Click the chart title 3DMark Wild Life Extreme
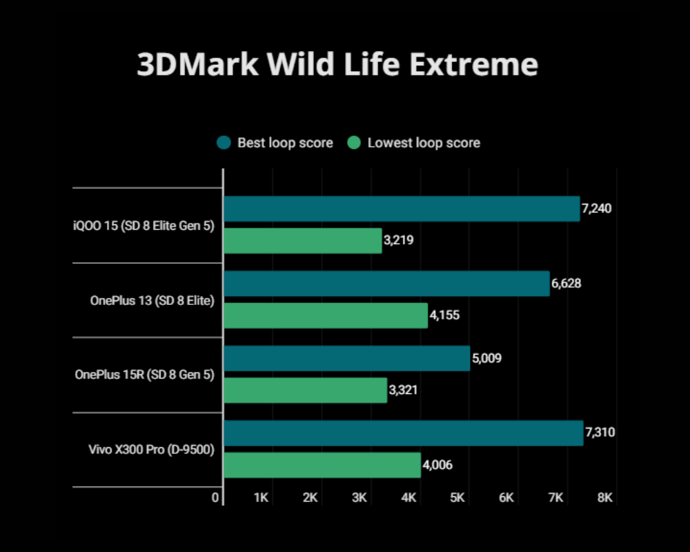click(x=337, y=65)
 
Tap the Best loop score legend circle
click(x=224, y=143)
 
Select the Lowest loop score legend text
click(x=424, y=143)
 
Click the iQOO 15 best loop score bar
click(x=402, y=209)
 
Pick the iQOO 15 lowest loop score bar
click(x=302, y=241)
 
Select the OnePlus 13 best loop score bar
click(x=386, y=284)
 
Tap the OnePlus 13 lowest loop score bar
click(x=326, y=315)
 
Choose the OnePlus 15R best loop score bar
click(x=346, y=358)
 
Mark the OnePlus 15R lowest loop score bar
click(x=305, y=390)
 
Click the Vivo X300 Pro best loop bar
click(x=403, y=433)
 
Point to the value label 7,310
click(x=600, y=433)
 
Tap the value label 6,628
click(x=566, y=284)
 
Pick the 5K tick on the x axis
click(x=457, y=497)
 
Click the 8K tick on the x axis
click(x=605, y=497)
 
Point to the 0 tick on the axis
click(x=216, y=497)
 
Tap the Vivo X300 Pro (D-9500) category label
click(x=151, y=450)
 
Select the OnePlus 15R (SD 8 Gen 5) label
click(x=144, y=375)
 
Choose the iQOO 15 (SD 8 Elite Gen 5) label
click(x=144, y=225)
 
